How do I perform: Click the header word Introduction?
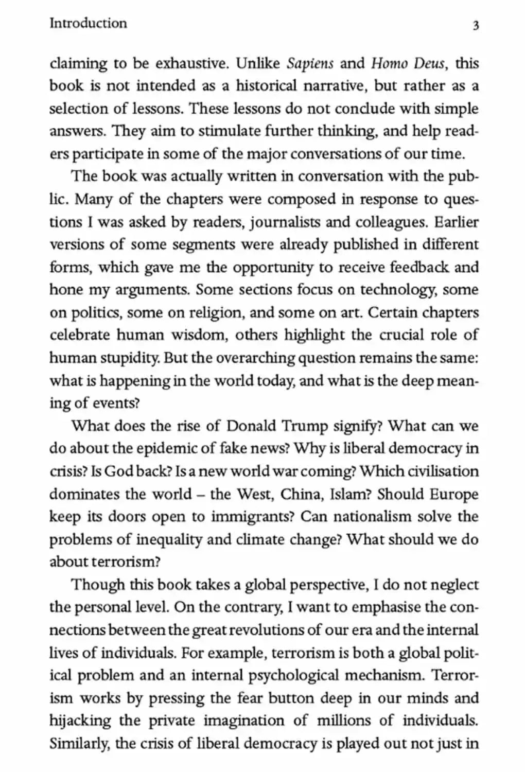[88, 23]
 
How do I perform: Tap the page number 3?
[476, 25]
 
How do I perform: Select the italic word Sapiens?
[310, 64]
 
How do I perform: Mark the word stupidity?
[127, 358]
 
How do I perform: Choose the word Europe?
[453, 494]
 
